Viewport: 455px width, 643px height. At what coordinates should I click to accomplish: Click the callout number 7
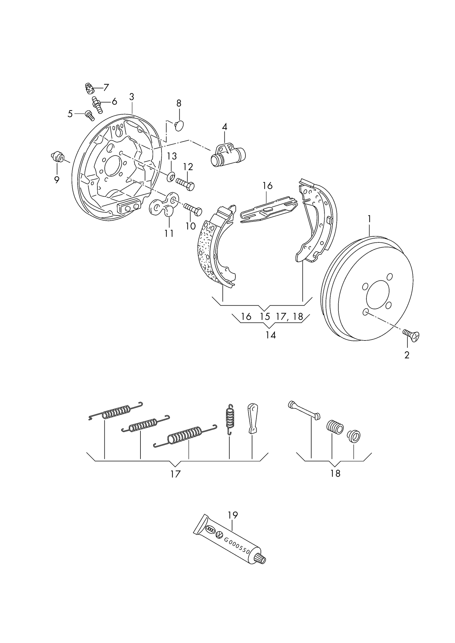pyautogui.click(x=106, y=88)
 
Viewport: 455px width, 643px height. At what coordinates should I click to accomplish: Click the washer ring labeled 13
pyautogui.click(x=171, y=176)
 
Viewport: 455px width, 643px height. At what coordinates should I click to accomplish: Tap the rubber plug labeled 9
pyautogui.click(x=57, y=157)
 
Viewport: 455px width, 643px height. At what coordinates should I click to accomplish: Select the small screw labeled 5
pyautogui.click(x=89, y=115)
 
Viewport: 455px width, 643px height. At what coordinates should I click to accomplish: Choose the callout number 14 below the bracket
pyautogui.click(x=271, y=335)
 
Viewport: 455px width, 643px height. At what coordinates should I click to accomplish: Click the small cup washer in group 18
pyautogui.click(x=354, y=436)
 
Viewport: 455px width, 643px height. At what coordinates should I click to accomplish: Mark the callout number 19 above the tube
pyautogui.click(x=233, y=515)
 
